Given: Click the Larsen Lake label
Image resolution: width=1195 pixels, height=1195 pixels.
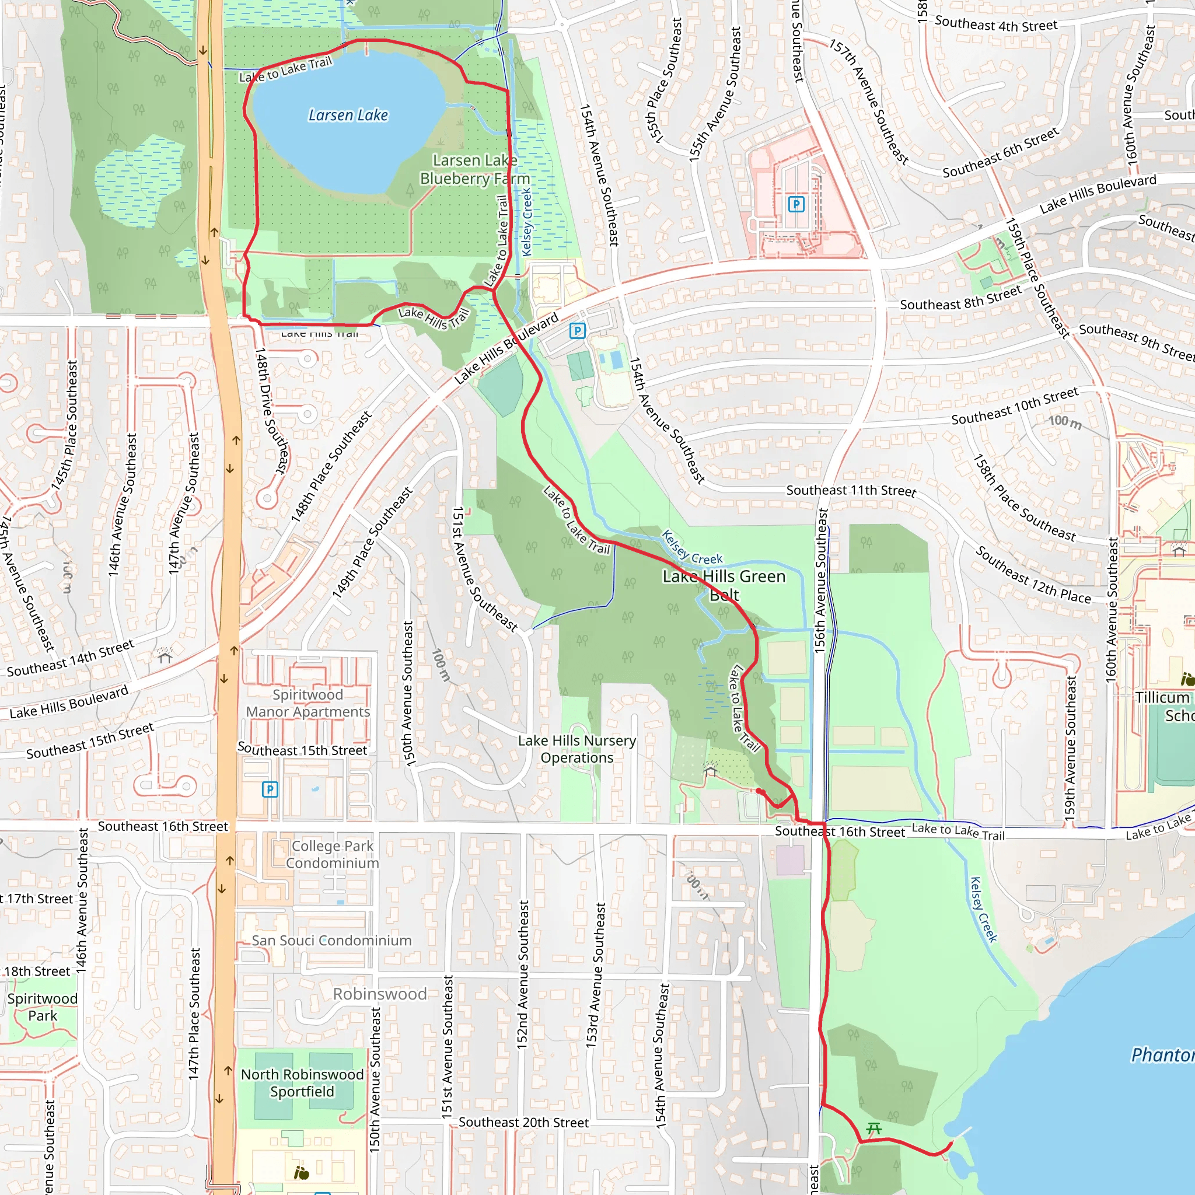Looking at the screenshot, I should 348,115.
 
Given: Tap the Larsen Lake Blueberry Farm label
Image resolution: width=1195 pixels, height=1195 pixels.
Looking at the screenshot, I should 474,169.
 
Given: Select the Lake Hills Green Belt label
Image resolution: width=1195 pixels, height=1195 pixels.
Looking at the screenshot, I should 724,585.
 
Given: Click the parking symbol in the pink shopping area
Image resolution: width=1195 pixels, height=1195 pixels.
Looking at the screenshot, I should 796,204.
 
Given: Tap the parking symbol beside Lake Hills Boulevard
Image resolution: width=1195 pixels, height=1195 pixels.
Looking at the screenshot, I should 577,331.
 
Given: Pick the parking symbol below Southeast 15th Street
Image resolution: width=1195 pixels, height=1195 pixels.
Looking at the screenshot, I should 270,789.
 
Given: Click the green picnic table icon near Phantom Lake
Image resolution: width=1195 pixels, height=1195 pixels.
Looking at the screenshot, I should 873,1128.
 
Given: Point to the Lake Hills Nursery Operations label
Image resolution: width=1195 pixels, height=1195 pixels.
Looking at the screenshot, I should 576,749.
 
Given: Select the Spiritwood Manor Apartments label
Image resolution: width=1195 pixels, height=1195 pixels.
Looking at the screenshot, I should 308,703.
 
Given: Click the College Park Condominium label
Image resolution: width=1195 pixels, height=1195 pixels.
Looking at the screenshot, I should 332,854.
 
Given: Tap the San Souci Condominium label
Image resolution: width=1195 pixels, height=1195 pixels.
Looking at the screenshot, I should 331,940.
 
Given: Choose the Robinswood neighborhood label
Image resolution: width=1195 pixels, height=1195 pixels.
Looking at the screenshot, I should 380,994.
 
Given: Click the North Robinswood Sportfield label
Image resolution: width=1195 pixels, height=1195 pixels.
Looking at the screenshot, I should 302,1083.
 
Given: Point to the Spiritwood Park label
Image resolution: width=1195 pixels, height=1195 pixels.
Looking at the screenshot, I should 42,1007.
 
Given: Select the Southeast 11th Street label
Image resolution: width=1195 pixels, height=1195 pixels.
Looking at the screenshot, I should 851,491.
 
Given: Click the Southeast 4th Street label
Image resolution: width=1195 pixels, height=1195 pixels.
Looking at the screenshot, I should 996,25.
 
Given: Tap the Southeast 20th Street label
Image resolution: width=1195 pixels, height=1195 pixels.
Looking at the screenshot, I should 523,1123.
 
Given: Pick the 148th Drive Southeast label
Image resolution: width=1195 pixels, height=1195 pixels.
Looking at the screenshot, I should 272,411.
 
